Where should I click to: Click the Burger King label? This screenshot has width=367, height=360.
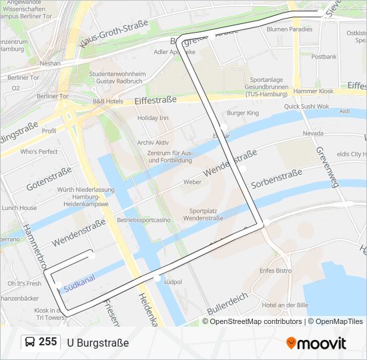(242, 113)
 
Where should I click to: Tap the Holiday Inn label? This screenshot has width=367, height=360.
(153, 118)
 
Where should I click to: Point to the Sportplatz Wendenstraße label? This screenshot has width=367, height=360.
(202, 214)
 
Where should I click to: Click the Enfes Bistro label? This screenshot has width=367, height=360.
(276, 271)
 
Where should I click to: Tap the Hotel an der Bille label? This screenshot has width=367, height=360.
(285, 305)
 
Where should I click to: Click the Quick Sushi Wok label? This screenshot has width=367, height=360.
(306, 106)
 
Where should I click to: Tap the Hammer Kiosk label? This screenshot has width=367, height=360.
(313, 91)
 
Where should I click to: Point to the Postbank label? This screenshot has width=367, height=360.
(324, 57)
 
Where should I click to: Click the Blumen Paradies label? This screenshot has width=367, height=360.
(289, 29)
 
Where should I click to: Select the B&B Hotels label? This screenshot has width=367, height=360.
(107, 101)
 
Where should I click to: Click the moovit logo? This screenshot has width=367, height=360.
(316, 343)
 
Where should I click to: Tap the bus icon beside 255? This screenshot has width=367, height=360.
(30, 343)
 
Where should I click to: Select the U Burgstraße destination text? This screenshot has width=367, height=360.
(98, 343)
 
